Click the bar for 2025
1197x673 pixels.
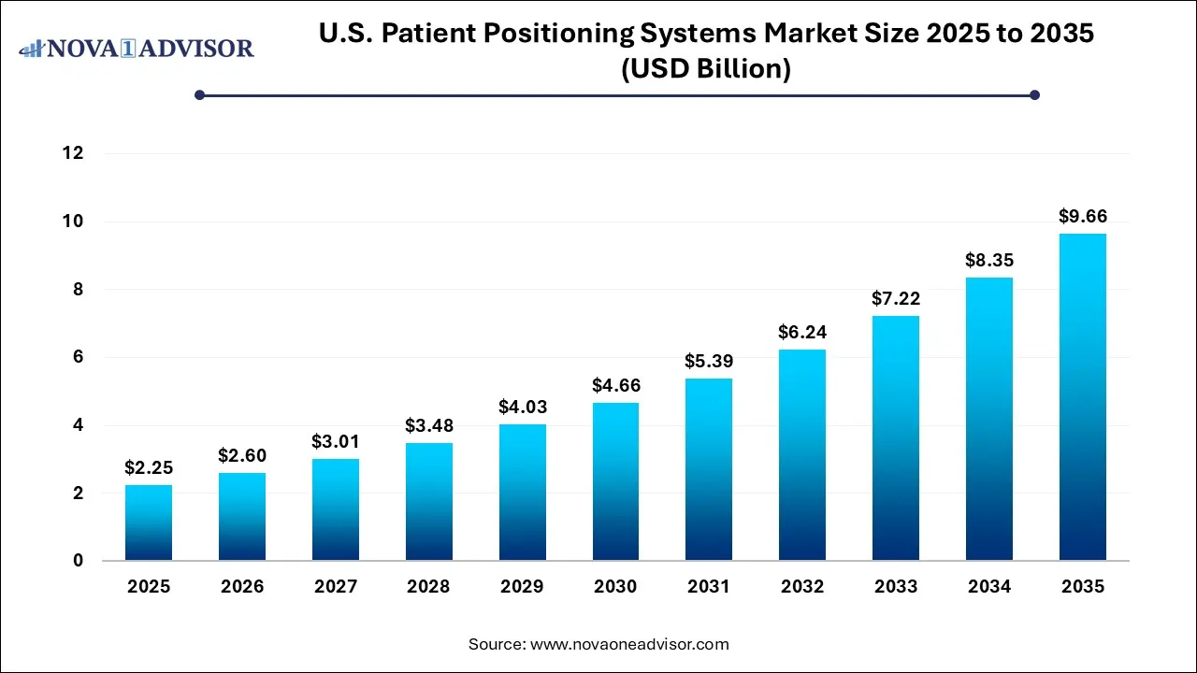click(x=149, y=523)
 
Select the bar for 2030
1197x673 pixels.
click(x=615, y=481)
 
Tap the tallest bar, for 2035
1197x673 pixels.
click(x=1083, y=397)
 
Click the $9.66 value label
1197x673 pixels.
click(x=1083, y=216)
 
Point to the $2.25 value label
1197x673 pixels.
click(x=149, y=467)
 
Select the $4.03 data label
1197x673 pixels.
click(x=523, y=407)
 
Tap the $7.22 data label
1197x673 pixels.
click(x=896, y=299)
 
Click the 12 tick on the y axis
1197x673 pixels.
click(x=73, y=153)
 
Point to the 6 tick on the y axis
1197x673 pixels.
click(x=78, y=357)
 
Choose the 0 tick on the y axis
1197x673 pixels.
click(x=78, y=561)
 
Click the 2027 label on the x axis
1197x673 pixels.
click(x=336, y=587)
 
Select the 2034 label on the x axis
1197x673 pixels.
click(x=989, y=587)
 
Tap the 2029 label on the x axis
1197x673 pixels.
click(x=523, y=587)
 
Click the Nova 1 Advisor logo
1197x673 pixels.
click(x=137, y=48)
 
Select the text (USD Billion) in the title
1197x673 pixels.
click(x=706, y=68)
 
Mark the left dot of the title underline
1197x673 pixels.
click(x=199, y=94)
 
